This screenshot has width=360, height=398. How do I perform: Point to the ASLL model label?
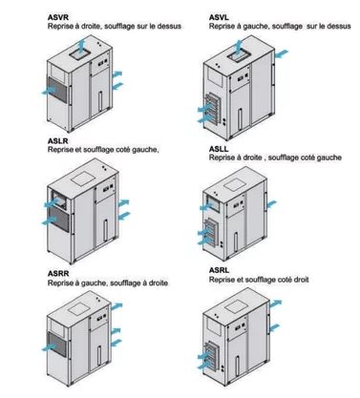click(221, 148)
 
